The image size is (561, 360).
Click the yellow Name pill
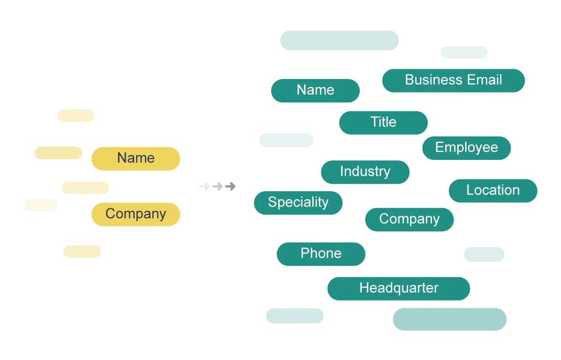[136, 159]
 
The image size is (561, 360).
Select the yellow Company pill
[136, 215]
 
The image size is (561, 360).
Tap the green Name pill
[315, 91]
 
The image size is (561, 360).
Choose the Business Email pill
[453, 81]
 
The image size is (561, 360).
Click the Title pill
[383, 123]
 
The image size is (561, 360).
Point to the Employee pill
[467, 148]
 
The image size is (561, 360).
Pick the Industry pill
[365, 172]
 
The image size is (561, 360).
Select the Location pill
[493, 191]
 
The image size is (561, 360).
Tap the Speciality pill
[298, 203]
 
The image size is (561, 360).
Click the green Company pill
[409, 219]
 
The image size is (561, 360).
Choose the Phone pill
[321, 254]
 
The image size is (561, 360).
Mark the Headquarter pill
[398, 288]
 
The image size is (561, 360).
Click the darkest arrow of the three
[230, 187]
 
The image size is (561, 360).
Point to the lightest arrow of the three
[205, 187]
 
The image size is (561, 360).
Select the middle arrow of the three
[218, 187]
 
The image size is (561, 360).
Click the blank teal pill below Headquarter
[450, 319]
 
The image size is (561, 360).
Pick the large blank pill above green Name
[339, 40]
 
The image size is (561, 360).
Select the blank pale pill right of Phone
[484, 254]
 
